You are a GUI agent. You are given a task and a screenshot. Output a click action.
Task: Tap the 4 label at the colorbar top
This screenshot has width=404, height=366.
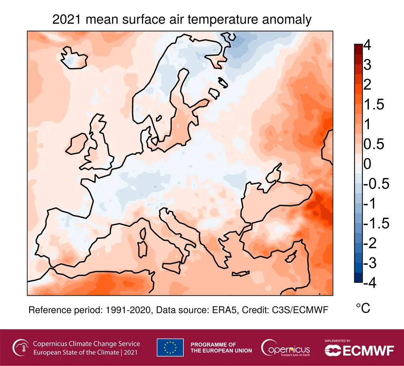coord(367,46)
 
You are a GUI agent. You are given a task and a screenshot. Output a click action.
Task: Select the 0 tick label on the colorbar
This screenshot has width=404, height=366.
coord(367,164)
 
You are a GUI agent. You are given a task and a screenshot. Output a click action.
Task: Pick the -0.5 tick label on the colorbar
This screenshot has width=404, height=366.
coord(376,184)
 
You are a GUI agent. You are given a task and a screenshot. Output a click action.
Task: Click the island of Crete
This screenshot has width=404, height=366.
coord(241,273)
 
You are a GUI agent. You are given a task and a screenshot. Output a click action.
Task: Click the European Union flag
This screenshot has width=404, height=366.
coord(170,347)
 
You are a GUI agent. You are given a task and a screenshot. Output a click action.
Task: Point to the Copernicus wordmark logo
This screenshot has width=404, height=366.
coord(286,348)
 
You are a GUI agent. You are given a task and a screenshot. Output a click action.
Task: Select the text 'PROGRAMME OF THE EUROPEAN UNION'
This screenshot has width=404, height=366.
coord(221,347)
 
